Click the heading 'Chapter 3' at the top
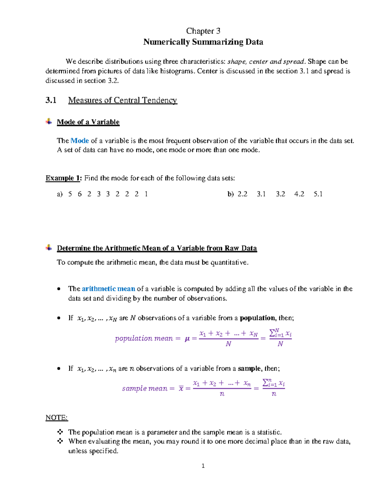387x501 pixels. pos(203,31)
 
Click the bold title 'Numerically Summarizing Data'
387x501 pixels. pos(203,42)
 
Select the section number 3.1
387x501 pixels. pos(51,100)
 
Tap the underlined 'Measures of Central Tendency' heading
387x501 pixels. pos(123,100)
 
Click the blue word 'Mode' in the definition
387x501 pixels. pos(80,141)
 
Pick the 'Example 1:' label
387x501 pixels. pos(64,178)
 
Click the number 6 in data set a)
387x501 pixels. pos(80,194)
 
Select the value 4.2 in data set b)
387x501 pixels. pos(299,194)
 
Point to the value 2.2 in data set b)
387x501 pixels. pos(242,194)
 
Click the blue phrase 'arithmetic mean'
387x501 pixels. pos(108,289)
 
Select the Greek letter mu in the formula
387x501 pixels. pos(187,339)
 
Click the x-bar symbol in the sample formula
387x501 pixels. pos(181,389)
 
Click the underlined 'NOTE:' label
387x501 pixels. pos(56,418)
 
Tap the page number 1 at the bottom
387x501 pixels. pos(203,466)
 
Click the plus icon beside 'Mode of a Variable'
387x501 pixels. pos(49,122)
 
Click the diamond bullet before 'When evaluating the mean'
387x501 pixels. pos(60,441)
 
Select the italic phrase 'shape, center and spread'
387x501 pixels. pos(266,62)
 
